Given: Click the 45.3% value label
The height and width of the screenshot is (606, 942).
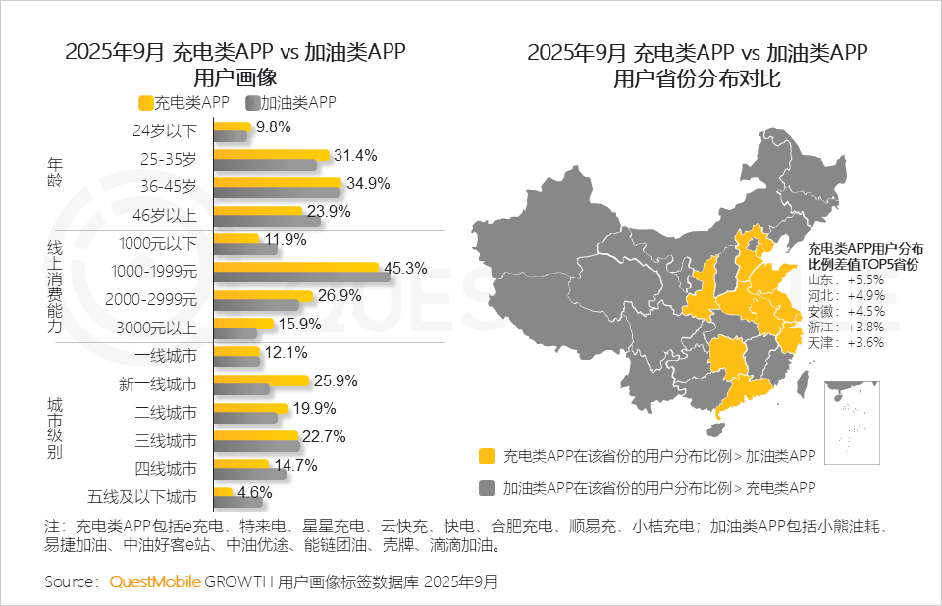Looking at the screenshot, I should [403, 268].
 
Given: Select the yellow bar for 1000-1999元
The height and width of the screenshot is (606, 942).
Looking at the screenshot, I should [295, 267].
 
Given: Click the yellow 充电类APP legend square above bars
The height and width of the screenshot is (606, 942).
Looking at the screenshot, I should [146, 102].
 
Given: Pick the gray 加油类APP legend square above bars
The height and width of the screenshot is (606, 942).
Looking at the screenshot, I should [253, 102].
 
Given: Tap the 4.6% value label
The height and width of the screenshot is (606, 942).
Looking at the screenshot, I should [254, 492].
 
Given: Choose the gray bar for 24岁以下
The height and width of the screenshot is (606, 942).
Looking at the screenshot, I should [230, 136].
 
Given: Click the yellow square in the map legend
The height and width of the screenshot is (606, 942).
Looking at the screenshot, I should [486, 456].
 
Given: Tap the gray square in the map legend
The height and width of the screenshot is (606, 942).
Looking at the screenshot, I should [486, 486].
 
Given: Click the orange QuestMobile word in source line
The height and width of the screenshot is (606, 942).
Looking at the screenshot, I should [155, 581].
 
